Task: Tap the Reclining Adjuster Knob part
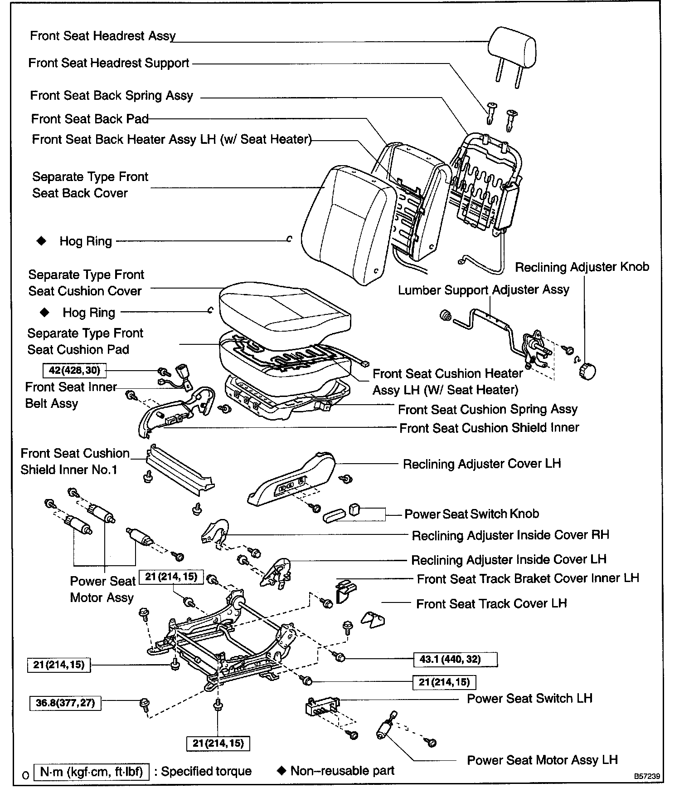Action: coord(587,371)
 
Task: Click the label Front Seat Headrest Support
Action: coord(109,63)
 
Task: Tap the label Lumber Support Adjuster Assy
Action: coord(483,290)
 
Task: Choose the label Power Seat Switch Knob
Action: coord(471,514)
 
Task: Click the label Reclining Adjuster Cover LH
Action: coord(482,464)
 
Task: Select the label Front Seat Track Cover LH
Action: coord(491,604)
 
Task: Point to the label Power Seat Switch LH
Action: coord(529,698)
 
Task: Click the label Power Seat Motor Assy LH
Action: coord(542,760)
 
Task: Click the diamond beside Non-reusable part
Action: coord(281,771)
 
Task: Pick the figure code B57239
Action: coord(646,776)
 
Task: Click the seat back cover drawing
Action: coord(344,222)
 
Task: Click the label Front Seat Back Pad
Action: coord(90,119)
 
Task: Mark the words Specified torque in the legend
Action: coord(206,771)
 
